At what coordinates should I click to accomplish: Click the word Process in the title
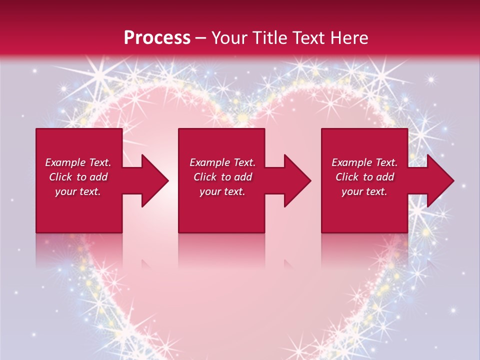(157, 38)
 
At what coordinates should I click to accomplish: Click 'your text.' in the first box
(77, 191)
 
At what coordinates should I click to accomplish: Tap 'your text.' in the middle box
(222, 191)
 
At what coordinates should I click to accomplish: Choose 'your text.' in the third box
(364, 191)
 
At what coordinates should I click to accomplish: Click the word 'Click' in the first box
(60, 177)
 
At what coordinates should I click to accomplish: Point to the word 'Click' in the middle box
(205, 177)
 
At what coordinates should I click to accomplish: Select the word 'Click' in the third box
(347, 177)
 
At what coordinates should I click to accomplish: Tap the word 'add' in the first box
(98, 177)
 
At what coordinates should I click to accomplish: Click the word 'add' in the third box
(385, 177)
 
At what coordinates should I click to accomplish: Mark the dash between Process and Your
(201, 38)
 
